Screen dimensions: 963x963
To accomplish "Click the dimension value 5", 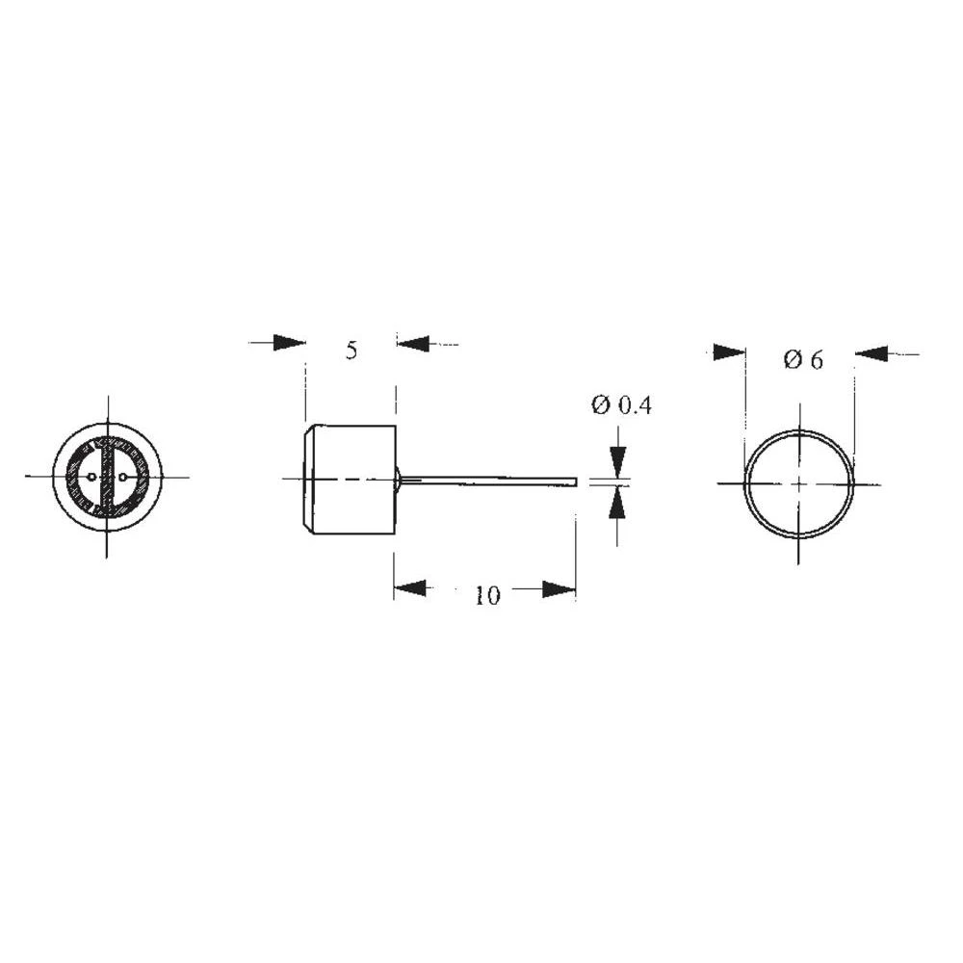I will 351,351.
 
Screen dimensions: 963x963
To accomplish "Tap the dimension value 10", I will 487,596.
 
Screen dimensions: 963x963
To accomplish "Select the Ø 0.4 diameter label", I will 621,405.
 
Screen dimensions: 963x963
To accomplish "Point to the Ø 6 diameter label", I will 803,360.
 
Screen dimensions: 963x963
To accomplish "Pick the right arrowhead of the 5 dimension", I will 412,343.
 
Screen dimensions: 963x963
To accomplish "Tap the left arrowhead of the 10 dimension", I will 409,588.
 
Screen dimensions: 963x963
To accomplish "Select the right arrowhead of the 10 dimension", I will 559,588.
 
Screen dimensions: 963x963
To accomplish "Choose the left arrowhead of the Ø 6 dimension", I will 729,353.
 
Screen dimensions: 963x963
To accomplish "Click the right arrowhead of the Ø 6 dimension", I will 871,354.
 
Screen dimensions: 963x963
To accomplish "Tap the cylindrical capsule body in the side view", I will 351,480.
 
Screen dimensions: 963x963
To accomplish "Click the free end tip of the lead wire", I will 575,479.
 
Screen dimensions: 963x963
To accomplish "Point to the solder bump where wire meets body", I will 399,479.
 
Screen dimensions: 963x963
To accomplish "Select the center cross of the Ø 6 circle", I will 799,482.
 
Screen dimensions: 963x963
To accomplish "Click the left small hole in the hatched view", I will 91,477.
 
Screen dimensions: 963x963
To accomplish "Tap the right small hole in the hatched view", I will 122,477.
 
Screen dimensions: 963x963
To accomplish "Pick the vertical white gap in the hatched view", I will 107,477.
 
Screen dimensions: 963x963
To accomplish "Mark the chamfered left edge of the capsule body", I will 306,480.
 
